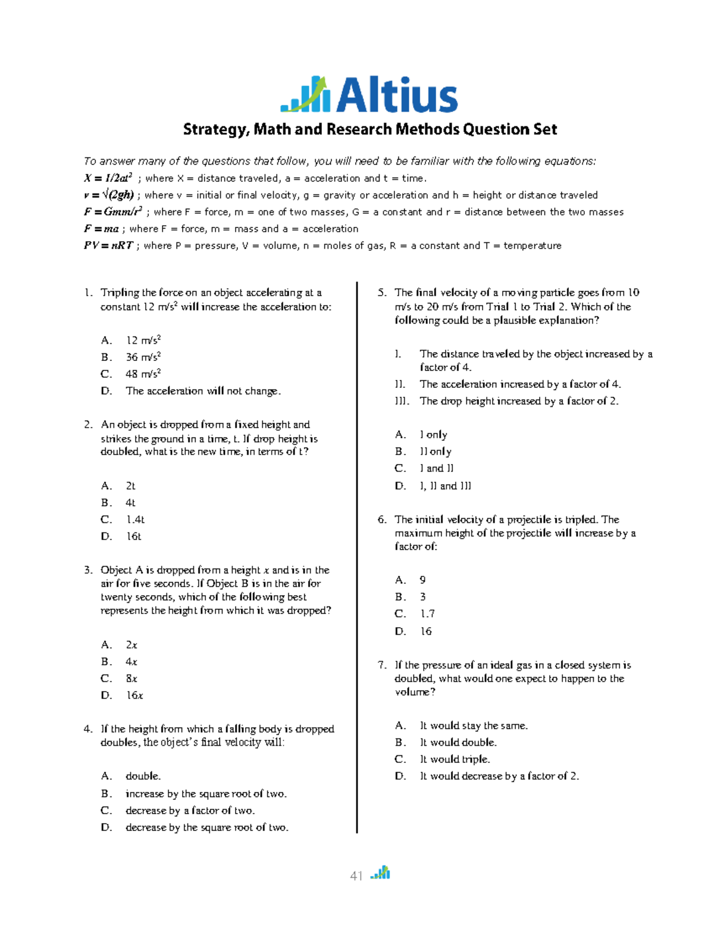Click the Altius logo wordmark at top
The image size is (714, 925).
pos(397,95)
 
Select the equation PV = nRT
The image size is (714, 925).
pos(109,245)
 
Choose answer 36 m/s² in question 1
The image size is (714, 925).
pos(143,357)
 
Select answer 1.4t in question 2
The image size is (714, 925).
pos(135,519)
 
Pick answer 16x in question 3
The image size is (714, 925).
pos(134,695)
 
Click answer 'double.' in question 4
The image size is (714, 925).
pos(143,776)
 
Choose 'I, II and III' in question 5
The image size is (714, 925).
pos(445,486)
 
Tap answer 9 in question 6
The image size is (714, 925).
pos(422,580)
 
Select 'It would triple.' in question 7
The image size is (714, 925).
pos(455,759)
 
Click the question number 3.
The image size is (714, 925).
pos(88,570)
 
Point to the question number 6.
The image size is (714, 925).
pos(382,519)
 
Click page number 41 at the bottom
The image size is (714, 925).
pos(356,876)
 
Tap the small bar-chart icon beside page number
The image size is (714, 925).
pos(380,873)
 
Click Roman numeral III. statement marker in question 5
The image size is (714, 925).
pos(402,401)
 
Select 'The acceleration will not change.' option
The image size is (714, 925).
pos(203,391)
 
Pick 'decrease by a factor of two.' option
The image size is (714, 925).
pos(190,811)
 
